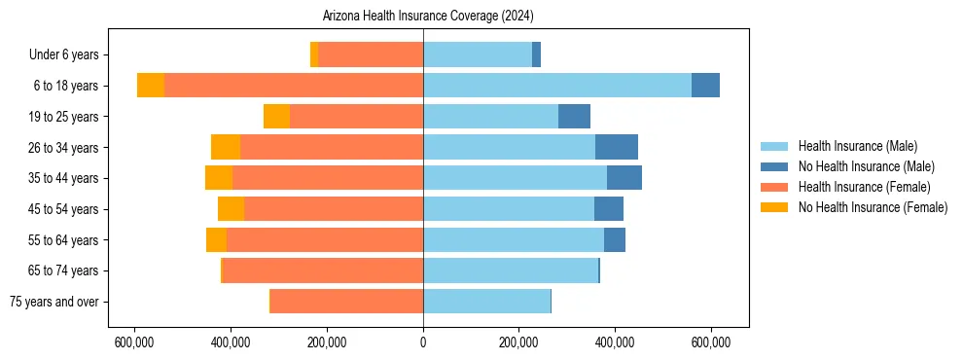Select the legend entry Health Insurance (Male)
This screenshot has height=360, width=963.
pyautogui.click(x=857, y=146)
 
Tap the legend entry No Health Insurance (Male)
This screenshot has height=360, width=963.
pyautogui.click(x=866, y=166)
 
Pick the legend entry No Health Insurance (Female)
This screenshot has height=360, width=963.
pyautogui.click(x=873, y=207)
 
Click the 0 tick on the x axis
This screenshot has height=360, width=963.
pyautogui.click(x=423, y=342)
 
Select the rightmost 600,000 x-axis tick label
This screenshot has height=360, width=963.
pyautogui.click(x=711, y=342)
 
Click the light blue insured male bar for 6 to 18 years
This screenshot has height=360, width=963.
pyautogui.click(x=556, y=86)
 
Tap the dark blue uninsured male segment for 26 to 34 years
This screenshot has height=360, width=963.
pyautogui.click(x=617, y=147)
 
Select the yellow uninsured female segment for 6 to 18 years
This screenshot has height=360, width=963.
pyautogui.click(x=151, y=86)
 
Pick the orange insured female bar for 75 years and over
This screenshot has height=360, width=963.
pyautogui.click(x=346, y=302)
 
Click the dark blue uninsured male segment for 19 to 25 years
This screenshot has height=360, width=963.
pyautogui.click(x=574, y=117)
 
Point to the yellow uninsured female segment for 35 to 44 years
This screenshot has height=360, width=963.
pyautogui.click(x=219, y=178)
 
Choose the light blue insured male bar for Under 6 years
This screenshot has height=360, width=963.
pyautogui.click(x=478, y=54)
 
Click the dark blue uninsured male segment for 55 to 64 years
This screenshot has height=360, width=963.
pyautogui.click(x=615, y=239)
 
